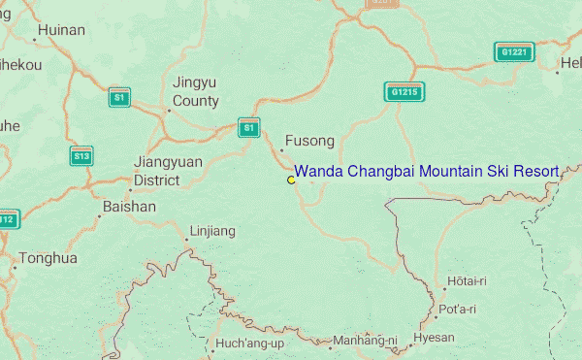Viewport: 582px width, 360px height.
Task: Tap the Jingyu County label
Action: [196, 92]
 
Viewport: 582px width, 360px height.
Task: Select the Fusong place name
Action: [309, 141]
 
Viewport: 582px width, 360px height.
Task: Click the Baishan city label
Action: [129, 207]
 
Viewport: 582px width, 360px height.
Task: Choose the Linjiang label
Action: [213, 231]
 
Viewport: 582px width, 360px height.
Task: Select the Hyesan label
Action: [434, 338]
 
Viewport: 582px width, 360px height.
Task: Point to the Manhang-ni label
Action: [365, 342]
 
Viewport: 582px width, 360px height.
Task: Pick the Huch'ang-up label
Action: [249, 344]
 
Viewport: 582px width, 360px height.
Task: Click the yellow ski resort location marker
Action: [291, 180]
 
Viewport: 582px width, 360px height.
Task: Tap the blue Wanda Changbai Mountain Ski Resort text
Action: [426, 172]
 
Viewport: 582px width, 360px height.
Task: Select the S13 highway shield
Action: [81, 156]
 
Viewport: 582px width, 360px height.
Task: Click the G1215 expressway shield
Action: [404, 92]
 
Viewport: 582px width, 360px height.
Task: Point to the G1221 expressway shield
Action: [514, 52]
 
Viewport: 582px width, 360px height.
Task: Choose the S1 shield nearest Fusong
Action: [249, 127]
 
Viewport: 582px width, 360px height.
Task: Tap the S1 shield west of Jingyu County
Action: [118, 98]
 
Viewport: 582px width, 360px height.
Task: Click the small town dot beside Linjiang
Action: [187, 239]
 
